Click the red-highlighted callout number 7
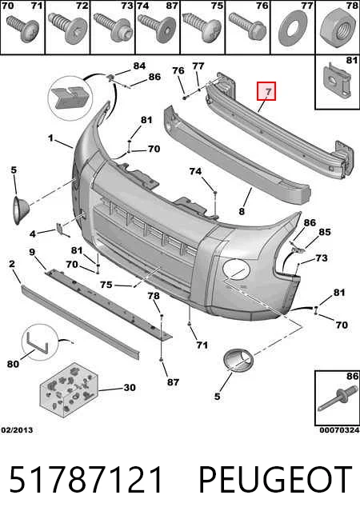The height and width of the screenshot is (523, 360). pyautogui.click(x=266, y=91)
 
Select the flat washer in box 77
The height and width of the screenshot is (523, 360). pyautogui.click(x=293, y=28)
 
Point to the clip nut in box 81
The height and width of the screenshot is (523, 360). pyautogui.click(x=338, y=80)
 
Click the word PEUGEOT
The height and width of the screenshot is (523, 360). pyautogui.click(x=275, y=480)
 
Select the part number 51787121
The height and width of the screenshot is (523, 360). pyautogui.click(x=86, y=480)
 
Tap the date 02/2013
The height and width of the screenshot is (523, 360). pyautogui.click(x=17, y=430)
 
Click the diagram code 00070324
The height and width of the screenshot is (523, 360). pyautogui.click(x=340, y=430)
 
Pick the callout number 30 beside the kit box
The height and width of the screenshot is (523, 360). pyautogui.click(x=130, y=388)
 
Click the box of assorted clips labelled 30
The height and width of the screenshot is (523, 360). pyautogui.click(x=69, y=389)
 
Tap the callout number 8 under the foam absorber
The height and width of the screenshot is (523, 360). pyautogui.click(x=242, y=211)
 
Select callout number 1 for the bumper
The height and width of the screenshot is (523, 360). pyautogui.click(x=50, y=138)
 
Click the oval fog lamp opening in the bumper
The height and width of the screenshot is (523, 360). pyautogui.click(x=236, y=269)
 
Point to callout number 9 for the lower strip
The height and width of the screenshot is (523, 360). pyautogui.click(x=32, y=252)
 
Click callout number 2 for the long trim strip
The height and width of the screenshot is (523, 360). pyautogui.click(x=12, y=264)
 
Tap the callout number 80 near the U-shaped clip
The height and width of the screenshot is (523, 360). pyautogui.click(x=13, y=364)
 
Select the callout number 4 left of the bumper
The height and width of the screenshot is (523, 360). pyautogui.click(x=32, y=234)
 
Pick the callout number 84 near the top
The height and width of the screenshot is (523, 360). pyautogui.click(x=139, y=66)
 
